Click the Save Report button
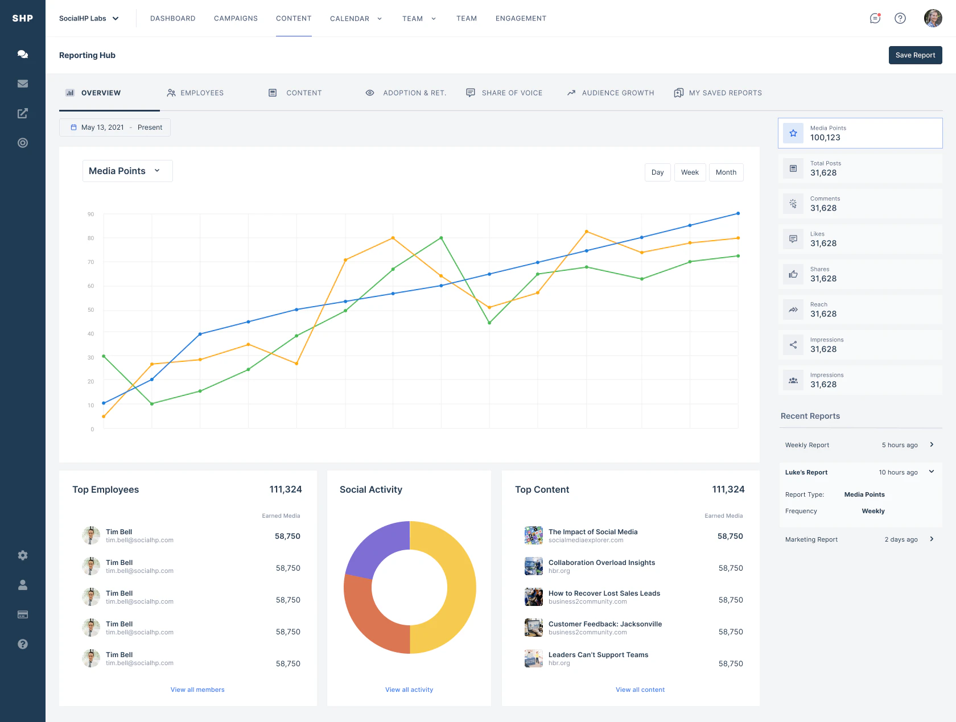point(915,55)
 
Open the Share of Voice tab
point(504,93)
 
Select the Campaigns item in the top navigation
point(236,18)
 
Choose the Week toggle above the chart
point(690,172)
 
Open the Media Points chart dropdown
point(127,171)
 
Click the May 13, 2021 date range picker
point(115,127)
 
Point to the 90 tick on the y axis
point(90,214)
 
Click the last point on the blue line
point(738,213)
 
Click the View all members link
point(197,690)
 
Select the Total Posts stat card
point(860,168)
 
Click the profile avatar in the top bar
point(933,18)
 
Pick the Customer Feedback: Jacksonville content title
point(605,624)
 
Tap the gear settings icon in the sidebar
point(23,555)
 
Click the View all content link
point(640,690)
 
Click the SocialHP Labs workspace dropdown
point(89,18)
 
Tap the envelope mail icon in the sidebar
point(23,84)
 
